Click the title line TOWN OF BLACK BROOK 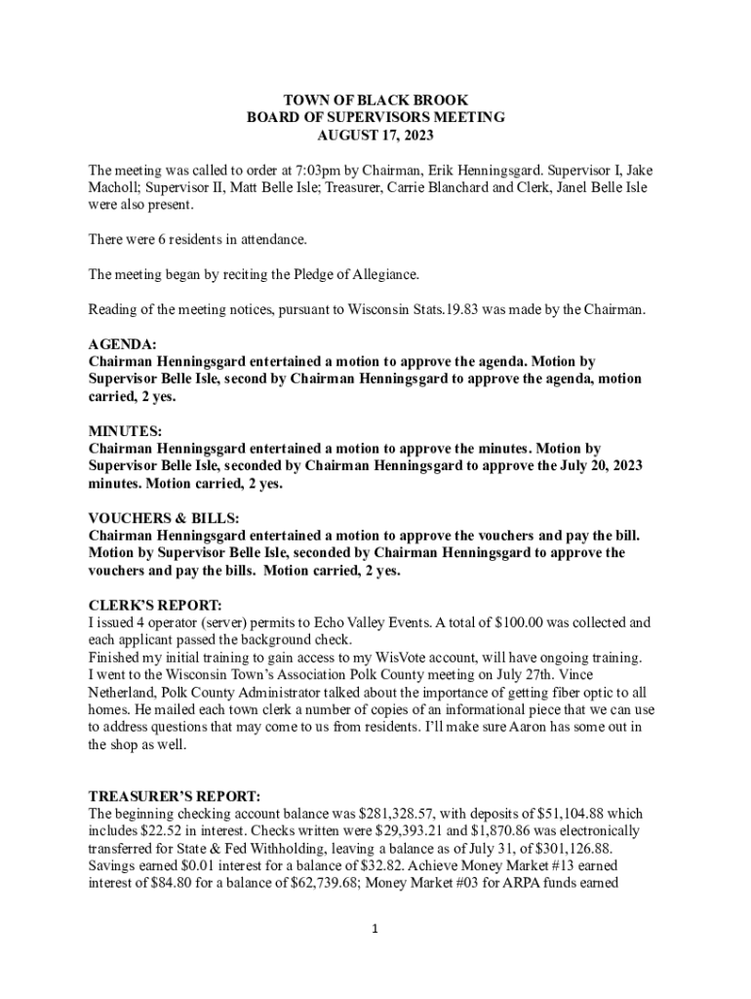click(x=375, y=100)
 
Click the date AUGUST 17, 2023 click(x=375, y=135)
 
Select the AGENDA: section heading click(x=122, y=344)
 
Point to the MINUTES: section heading click(x=126, y=431)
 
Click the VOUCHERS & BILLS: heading click(x=164, y=518)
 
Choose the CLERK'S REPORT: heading click(x=155, y=605)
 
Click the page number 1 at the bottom click(x=375, y=929)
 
